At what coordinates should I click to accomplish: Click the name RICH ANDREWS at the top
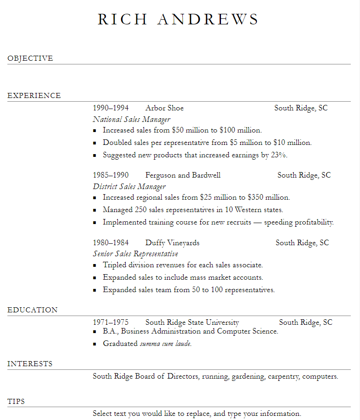tap(178, 19)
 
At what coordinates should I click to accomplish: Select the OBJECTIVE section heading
tap(30, 58)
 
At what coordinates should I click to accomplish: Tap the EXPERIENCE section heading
tap(34, 96)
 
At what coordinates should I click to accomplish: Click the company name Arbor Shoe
tap(164, 108)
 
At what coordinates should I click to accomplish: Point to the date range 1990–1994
tap(110, 108)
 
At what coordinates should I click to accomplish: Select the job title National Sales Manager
tap(132, 120)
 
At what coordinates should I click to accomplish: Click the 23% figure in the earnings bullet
tap(279, 155)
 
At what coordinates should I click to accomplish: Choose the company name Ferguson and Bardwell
tap(183, 175)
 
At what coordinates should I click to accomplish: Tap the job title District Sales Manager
tap(129, 187)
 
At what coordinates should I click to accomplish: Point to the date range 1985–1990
tap(110, 175)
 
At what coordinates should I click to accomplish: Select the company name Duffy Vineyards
tap(172, 243)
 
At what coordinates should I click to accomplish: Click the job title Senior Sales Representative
tap(135, 254)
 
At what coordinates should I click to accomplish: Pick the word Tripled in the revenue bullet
tap(116, 265)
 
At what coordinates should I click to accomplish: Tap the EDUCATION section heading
tap(32, 310)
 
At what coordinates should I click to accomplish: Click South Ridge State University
tap(192, 322)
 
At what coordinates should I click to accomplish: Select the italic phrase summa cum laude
tap(165, 344)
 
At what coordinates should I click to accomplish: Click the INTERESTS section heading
tap(30, 364)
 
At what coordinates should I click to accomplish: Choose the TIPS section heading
tap(16, 402)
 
